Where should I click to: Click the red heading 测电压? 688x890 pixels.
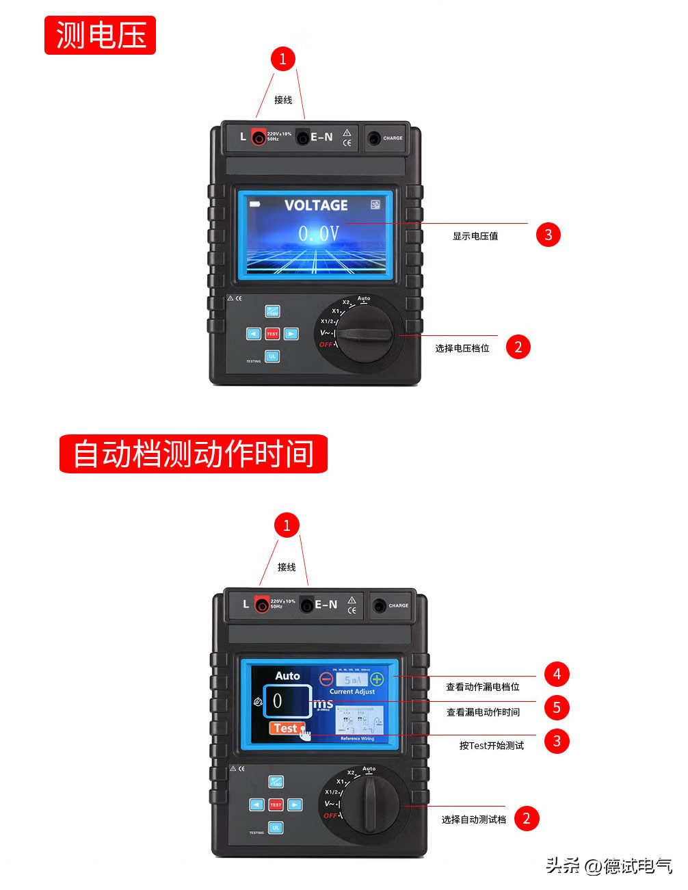[x=100, y=36]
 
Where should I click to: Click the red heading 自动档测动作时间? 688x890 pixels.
[x=193, y=454]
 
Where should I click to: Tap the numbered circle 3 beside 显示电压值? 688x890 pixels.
[x=548, y=235]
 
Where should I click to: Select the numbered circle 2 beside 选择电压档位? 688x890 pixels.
[x=518, y=347]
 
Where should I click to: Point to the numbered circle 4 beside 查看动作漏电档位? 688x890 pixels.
[x=557, y=674]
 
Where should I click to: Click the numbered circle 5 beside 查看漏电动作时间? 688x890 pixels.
[x=557, y=707]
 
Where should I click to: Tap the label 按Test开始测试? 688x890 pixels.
[x=491, y=746]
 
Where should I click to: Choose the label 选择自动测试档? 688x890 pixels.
[x=473, y=820]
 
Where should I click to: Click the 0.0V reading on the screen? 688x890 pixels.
[x=318, y=234]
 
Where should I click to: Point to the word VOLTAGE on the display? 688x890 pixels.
[x=316, y=205]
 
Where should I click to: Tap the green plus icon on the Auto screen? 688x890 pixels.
[x=377, y=679]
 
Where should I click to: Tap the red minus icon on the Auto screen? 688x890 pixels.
[x=326, y=679]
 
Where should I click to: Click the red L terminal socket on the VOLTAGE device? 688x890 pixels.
[x=259, y=138]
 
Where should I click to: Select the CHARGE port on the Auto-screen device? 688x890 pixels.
[x=380, y=605]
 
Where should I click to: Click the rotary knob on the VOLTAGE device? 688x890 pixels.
[x=365, y=335]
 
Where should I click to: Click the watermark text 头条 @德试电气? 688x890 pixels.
[x=609, y=865]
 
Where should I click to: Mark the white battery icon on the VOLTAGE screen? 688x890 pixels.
[x=255, y=204]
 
